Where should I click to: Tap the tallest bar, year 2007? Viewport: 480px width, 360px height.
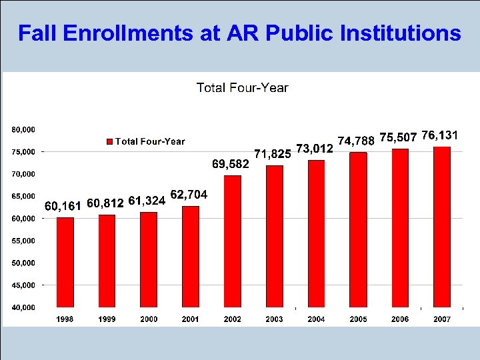(442, 227)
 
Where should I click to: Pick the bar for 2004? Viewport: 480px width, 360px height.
(317, 233)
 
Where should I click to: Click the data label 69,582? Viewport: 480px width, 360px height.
(230, 163)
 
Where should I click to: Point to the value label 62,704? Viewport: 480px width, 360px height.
(189, 195)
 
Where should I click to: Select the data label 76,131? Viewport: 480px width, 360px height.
(439, 135)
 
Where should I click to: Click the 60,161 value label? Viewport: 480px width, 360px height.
(63, 205)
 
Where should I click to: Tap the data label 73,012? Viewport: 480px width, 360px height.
(314, 147)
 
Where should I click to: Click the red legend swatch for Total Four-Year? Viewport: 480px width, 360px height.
(110, 141)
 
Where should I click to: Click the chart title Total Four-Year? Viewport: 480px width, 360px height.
(242, 88)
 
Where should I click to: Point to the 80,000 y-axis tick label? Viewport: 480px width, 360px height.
(23, 129)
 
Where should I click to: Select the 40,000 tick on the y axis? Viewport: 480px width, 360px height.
(23, 307)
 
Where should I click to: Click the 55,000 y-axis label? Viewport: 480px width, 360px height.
(23, 241)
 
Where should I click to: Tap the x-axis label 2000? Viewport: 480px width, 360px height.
(149, 319)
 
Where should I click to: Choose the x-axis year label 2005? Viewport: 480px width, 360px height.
(358, 319)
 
